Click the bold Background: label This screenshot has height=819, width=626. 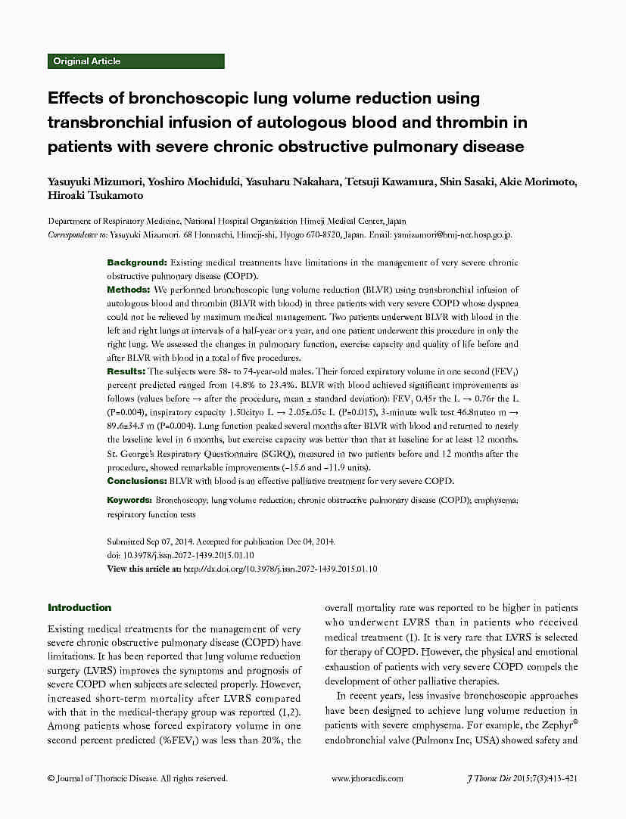(x=136, y=262)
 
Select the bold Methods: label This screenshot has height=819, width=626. (x=129, y=290)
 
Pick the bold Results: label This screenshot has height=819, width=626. (x=126, y=371)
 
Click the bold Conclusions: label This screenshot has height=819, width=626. (x=137, y=481)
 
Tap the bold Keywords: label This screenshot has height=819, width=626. (x=130, y=501)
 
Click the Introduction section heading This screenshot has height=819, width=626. (x=79, y=608)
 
